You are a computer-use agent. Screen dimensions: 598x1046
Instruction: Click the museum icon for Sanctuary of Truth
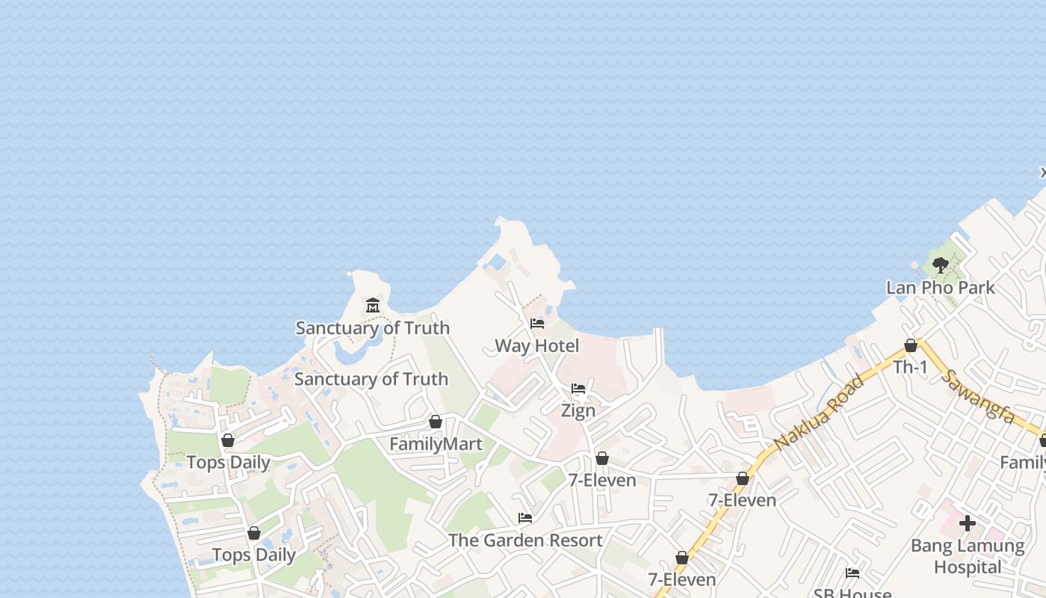tap(373, 305)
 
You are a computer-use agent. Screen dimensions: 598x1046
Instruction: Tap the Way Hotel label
tap(536, 345)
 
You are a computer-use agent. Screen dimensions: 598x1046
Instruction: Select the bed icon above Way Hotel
tap(536, 324)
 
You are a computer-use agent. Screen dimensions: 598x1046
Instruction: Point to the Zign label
tap(578, 410)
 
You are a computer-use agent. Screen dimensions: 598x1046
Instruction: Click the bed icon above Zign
tap(578, 389)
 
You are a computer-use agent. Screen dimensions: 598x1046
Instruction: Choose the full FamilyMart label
tap(436, 444)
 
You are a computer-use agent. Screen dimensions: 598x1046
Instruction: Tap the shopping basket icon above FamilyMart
tap(436, 422)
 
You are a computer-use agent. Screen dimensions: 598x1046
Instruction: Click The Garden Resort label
tap(525, 540)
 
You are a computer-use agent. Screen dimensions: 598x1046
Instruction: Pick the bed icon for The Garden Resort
tap(525, 518)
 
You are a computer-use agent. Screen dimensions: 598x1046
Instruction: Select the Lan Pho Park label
tap(940, 287)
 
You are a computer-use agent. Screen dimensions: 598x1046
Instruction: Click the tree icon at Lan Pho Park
tap(940, 265)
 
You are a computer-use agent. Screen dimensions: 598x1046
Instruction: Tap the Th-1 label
tap(910, 367)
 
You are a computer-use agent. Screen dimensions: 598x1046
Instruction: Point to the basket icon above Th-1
tap(910, 345)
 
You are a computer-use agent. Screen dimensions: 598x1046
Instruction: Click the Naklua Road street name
tap(819, 412)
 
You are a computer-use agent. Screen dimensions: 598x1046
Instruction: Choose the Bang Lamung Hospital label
tap(968, 556)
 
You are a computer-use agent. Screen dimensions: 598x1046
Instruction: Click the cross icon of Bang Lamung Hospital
tap(968, 523)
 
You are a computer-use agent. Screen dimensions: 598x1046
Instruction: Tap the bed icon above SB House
tap(852, 573)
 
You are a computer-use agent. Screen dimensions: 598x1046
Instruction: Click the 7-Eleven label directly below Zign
tap(602, 480)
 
